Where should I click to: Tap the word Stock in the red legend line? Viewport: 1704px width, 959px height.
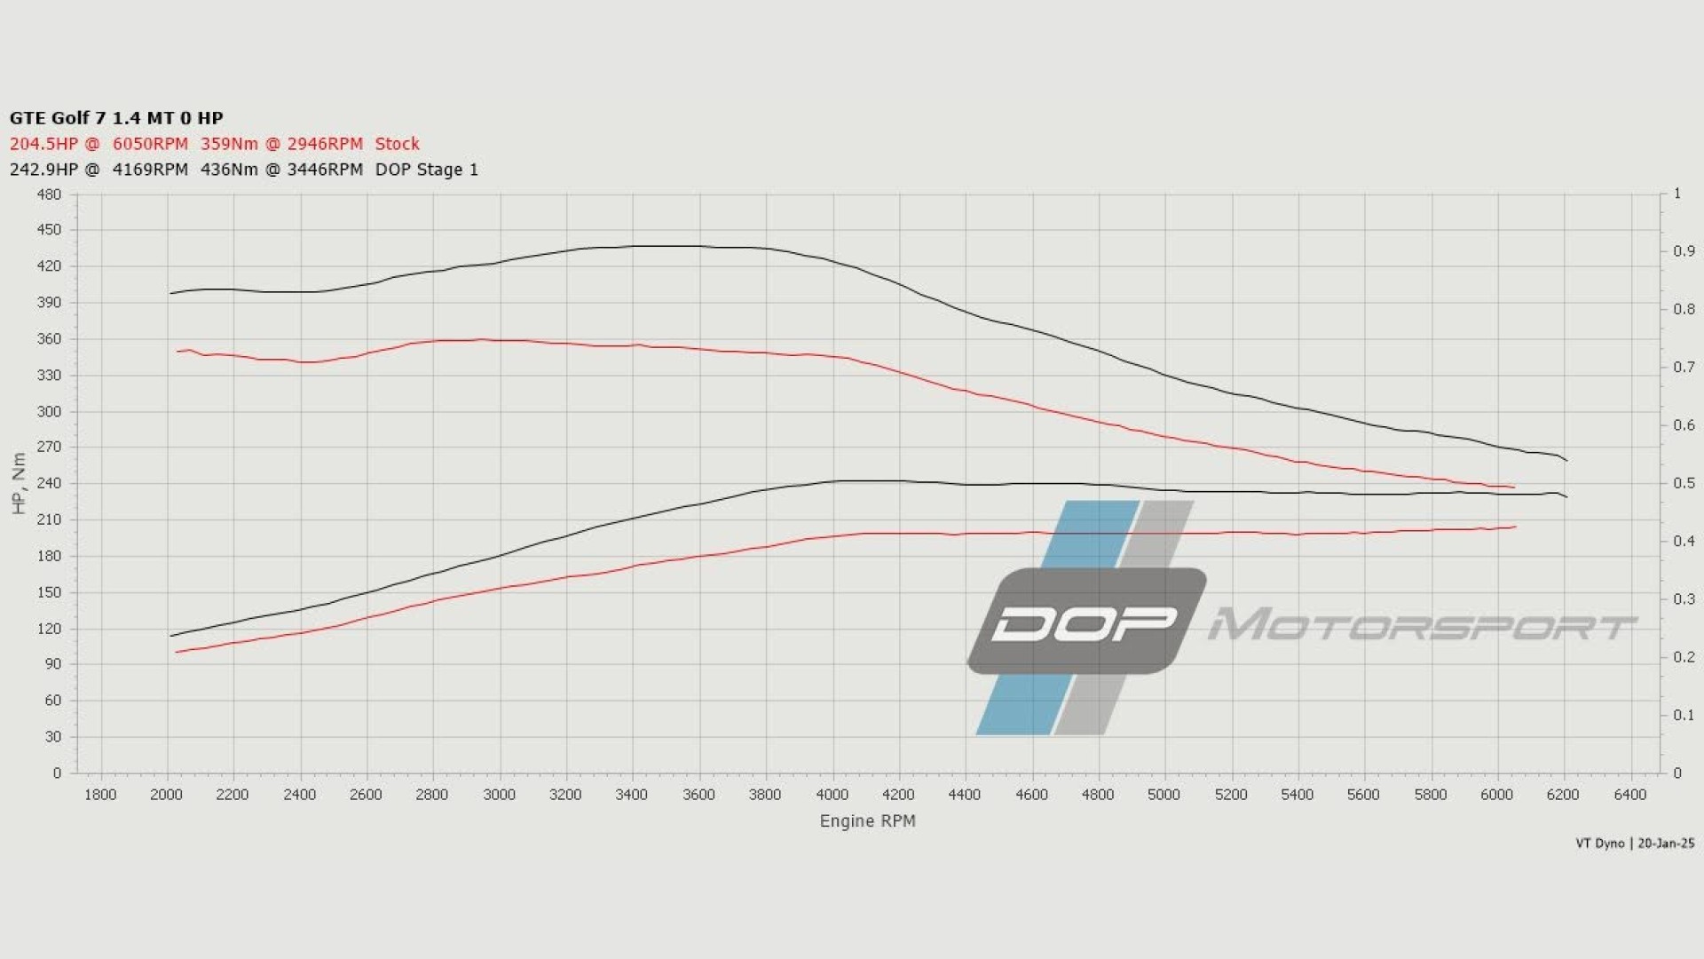pyautogui.click(x=397, y=144)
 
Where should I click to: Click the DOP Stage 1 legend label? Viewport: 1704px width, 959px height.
pyautogui.click(x=427, y=170)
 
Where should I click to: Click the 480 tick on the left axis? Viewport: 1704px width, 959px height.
pyautogui.click(x=50, y=194)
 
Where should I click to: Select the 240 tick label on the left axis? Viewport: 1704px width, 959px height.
pyautogui.click(x=50, y=484)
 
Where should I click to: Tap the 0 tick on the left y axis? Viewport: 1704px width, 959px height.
pyautogui.click(x=58, y=773)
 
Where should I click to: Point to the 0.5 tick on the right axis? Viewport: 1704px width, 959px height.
pyautogui.click(x=1684, y=484)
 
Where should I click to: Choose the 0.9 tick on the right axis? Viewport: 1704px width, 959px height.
pyautogui.click(x=1684, y=252)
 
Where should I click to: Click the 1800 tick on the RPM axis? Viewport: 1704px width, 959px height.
pyautogui.click(x=100, y=795)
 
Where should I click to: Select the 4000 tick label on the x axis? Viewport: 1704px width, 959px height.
pyautogui.click(x=832, y=795)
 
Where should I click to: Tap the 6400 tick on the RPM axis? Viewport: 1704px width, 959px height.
pyautogui.click(x=1630, y=795)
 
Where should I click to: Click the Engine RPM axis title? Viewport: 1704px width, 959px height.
pyautogui.click(x=867, y=821)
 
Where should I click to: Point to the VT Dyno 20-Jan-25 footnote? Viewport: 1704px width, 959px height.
pyautogui.click(x=1635, y=844)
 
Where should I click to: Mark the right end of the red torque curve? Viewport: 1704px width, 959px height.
pyautogui.click(x=1514, y=487)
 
